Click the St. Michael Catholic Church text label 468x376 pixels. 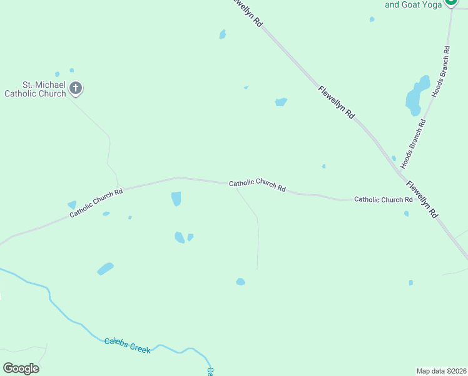[x=35, y=89]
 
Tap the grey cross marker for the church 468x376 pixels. [x=76, y=88]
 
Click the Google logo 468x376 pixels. [x=21, y=368]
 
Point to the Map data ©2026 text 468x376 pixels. [x=441, y=370]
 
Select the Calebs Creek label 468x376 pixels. [x=128, y=345]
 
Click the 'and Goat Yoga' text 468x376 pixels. [x=414, y=4]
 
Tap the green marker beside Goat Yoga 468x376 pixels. [x=451, y=3]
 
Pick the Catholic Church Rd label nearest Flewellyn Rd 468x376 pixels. [x=383, y=199]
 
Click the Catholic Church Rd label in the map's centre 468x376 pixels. [x=257, y=185]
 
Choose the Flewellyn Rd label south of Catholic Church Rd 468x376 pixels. [x=422, y=199]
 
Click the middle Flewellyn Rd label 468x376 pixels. [x=336, y=103]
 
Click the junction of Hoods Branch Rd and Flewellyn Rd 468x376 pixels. [x=400, y=170]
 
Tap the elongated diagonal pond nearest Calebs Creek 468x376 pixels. [x=105, y=269]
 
